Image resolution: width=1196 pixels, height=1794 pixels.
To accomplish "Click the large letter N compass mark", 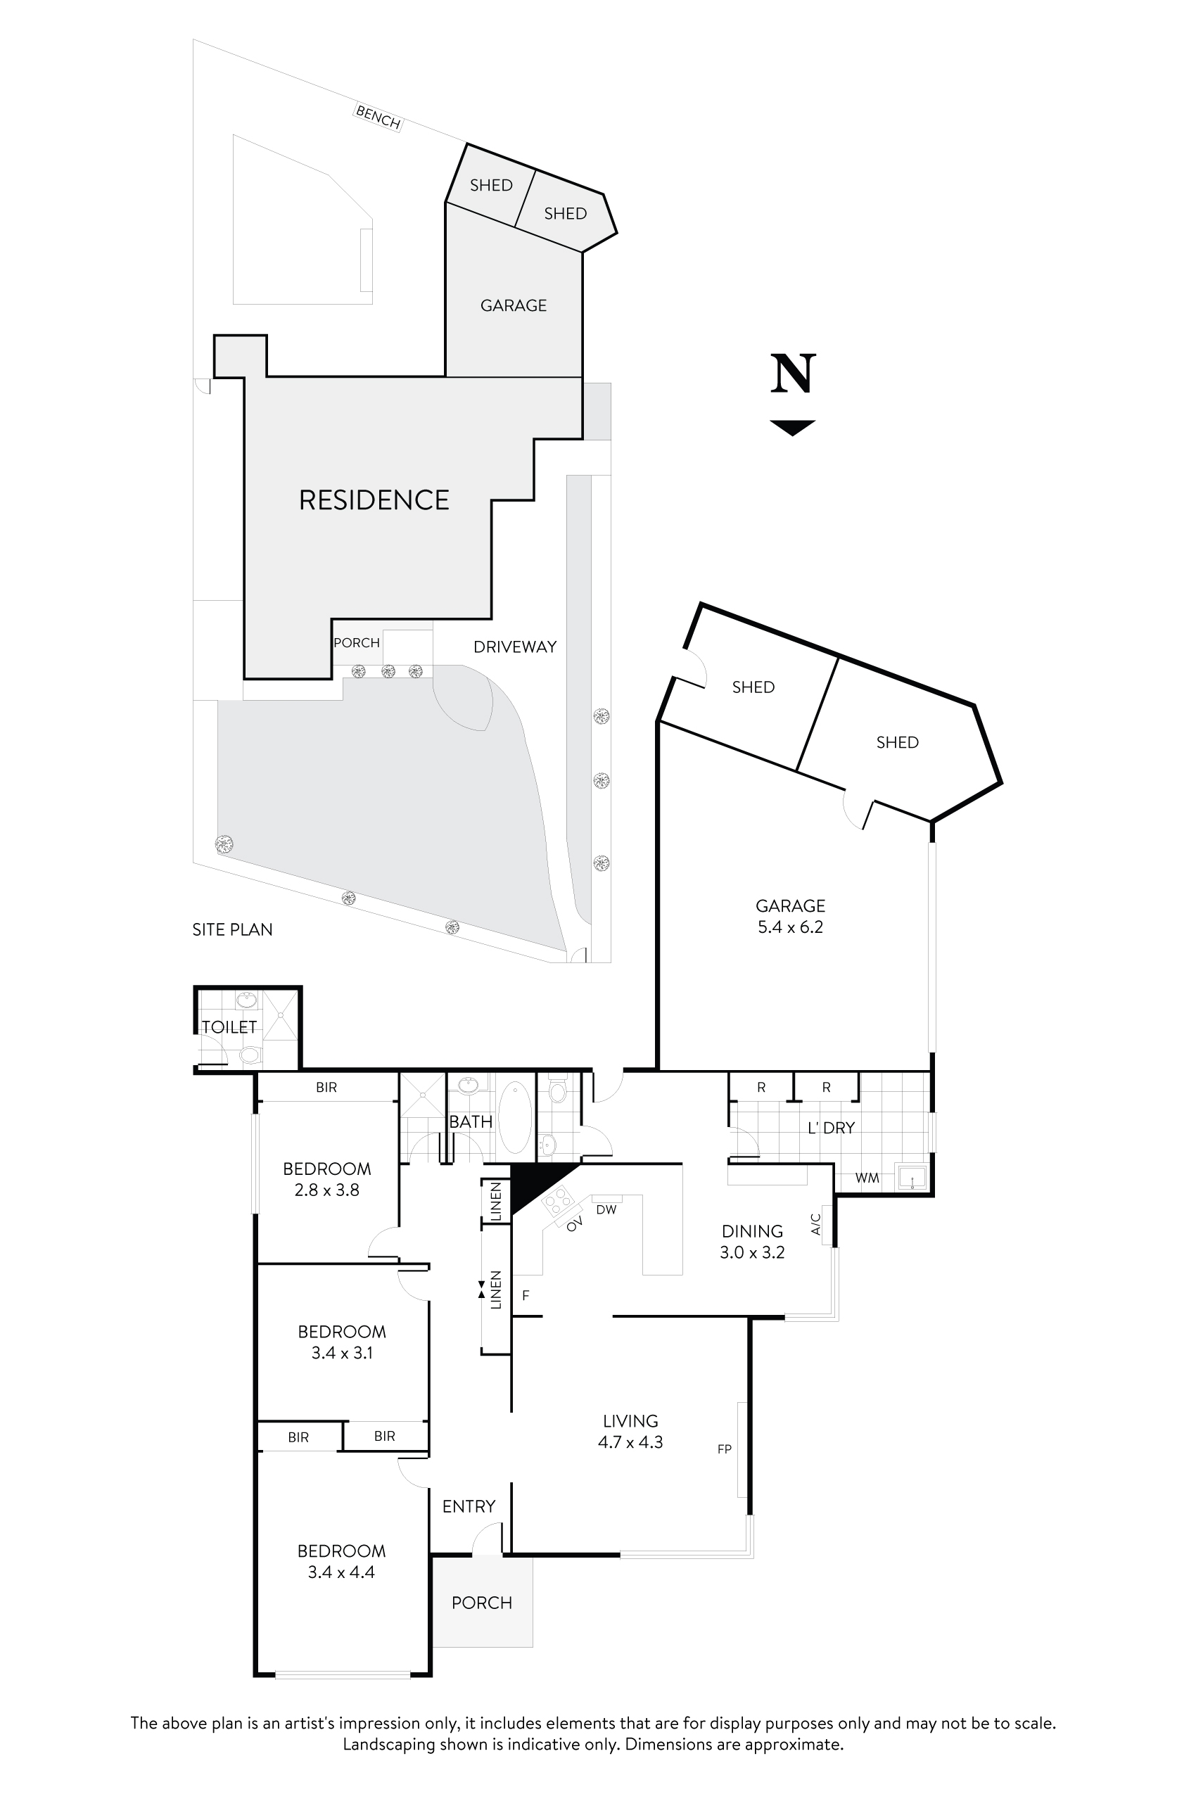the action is pos(794,374).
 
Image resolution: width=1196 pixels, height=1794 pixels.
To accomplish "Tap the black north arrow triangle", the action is pos(794,427).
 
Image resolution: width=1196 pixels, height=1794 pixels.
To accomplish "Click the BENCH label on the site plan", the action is pos(378,117).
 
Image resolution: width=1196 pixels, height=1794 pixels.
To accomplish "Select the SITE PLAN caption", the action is pos(232,929).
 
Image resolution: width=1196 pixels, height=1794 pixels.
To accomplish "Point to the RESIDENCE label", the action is pos(374,500).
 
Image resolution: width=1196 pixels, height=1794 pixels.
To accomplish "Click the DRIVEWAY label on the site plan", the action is pos(515,647).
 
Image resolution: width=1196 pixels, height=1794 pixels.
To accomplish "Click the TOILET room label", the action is pos(229,1026).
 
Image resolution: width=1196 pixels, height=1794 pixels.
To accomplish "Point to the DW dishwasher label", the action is pos(606,1210).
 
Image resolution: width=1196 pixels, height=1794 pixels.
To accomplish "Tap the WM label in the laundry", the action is pos(867,1178).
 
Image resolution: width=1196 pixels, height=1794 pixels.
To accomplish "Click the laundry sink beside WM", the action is pos(912,1177).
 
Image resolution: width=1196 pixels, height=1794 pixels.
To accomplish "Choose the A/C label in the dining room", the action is pos(816,1224).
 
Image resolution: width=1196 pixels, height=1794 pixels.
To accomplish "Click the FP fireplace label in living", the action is pos(725,1449).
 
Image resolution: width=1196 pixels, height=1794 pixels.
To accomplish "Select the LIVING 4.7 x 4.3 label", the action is pos(630,1431).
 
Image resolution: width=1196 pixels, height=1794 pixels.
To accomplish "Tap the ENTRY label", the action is pos(469,1506).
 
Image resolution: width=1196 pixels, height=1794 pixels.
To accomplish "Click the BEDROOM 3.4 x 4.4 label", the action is pos(341,1560).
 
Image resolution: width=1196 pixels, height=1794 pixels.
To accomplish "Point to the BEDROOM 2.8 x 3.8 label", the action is pos(326,1178).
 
